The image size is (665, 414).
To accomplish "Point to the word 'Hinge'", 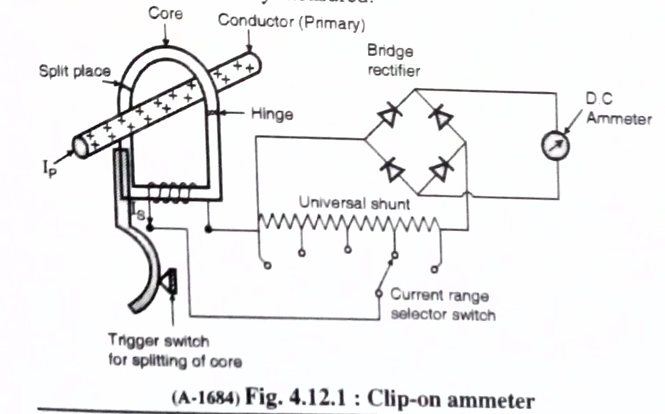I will click(271, 115).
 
